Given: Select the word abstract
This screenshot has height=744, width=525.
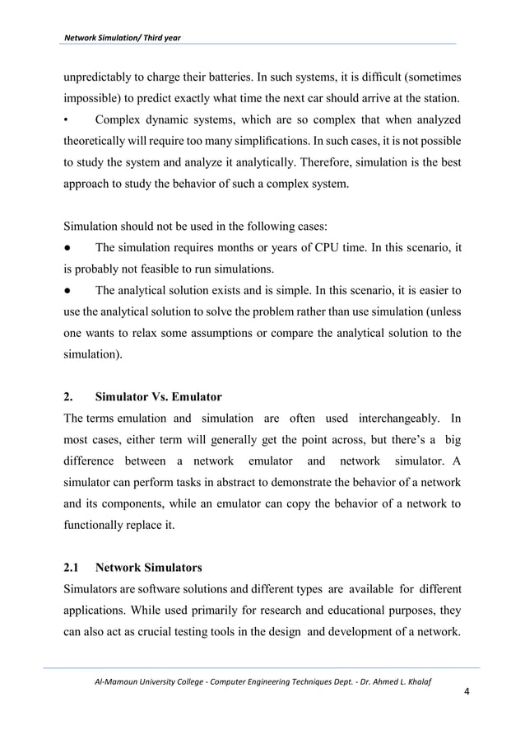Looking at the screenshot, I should pyautogui.click(x=248, y=481).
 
